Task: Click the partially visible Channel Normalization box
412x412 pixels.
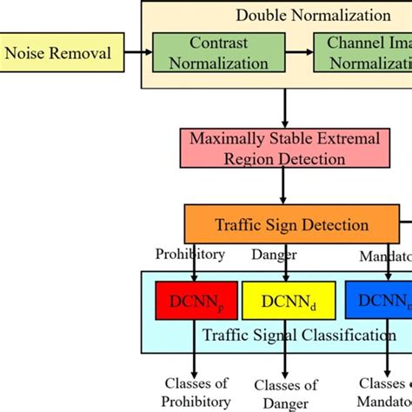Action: (365, 53)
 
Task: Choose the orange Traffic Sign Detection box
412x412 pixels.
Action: (291, 225)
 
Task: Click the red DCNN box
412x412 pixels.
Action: (196, 301)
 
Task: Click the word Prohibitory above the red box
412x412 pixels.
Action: (189, 255)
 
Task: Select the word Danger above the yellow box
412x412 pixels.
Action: (274, 255)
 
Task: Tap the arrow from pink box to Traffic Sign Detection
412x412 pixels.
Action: (284, 188)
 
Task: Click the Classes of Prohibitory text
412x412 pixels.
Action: (196, 392)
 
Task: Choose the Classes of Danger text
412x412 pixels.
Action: (285, 394)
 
